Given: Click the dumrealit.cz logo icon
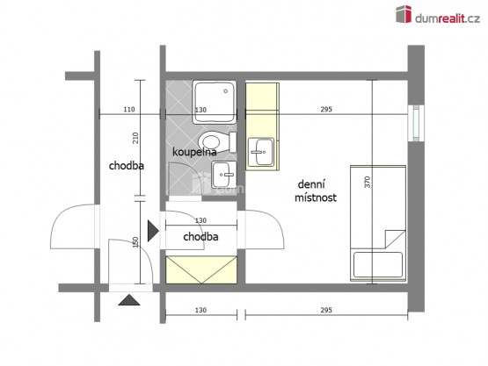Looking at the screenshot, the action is point(404,14).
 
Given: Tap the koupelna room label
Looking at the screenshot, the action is point(194,152).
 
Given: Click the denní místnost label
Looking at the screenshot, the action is point(316,190).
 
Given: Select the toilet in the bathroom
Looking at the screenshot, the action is point(217,142).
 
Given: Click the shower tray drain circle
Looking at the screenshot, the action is point(226,91).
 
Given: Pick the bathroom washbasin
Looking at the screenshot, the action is point(223,175).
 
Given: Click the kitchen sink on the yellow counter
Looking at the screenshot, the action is point(261,152).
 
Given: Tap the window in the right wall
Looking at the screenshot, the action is point(416,123).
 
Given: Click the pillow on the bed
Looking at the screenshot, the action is point(378,264).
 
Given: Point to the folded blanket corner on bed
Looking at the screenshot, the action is point(396,239).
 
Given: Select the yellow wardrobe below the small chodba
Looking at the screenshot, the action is point(201,269).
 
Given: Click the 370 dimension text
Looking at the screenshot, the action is point(368,182).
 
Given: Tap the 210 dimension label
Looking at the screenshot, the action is point(135,138).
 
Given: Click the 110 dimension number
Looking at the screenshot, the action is point(129,110).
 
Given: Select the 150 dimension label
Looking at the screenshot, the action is point(135,242).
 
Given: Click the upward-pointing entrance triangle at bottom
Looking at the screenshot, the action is point(129,300).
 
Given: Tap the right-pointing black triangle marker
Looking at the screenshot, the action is point(153,231).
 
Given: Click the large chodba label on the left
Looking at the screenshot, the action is point(127,166).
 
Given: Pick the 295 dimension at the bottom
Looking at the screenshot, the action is point(326,310).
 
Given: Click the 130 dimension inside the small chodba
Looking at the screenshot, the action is point(200,220).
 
